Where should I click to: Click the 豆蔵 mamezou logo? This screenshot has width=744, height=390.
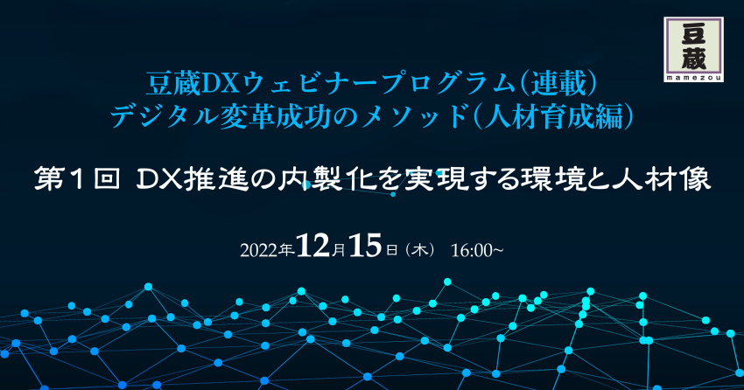click(694, 49)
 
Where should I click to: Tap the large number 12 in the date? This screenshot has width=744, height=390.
click(313, 246)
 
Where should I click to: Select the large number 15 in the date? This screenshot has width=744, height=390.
click(365, 246)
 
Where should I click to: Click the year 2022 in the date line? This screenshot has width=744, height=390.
click(260, 251)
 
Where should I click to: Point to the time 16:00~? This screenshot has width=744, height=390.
click(477, 250)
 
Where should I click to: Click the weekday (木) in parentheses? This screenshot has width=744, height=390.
click(420, 250)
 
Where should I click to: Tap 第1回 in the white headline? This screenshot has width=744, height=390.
click(77, 180)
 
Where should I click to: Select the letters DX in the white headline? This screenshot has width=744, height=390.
click(159, 180)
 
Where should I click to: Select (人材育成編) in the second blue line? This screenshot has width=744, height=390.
click(554, 116)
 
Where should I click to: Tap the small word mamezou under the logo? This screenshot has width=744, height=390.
click(694, 78)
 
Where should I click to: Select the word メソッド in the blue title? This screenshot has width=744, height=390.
click(415, 116)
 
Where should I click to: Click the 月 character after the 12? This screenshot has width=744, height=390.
click(339, 250)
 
